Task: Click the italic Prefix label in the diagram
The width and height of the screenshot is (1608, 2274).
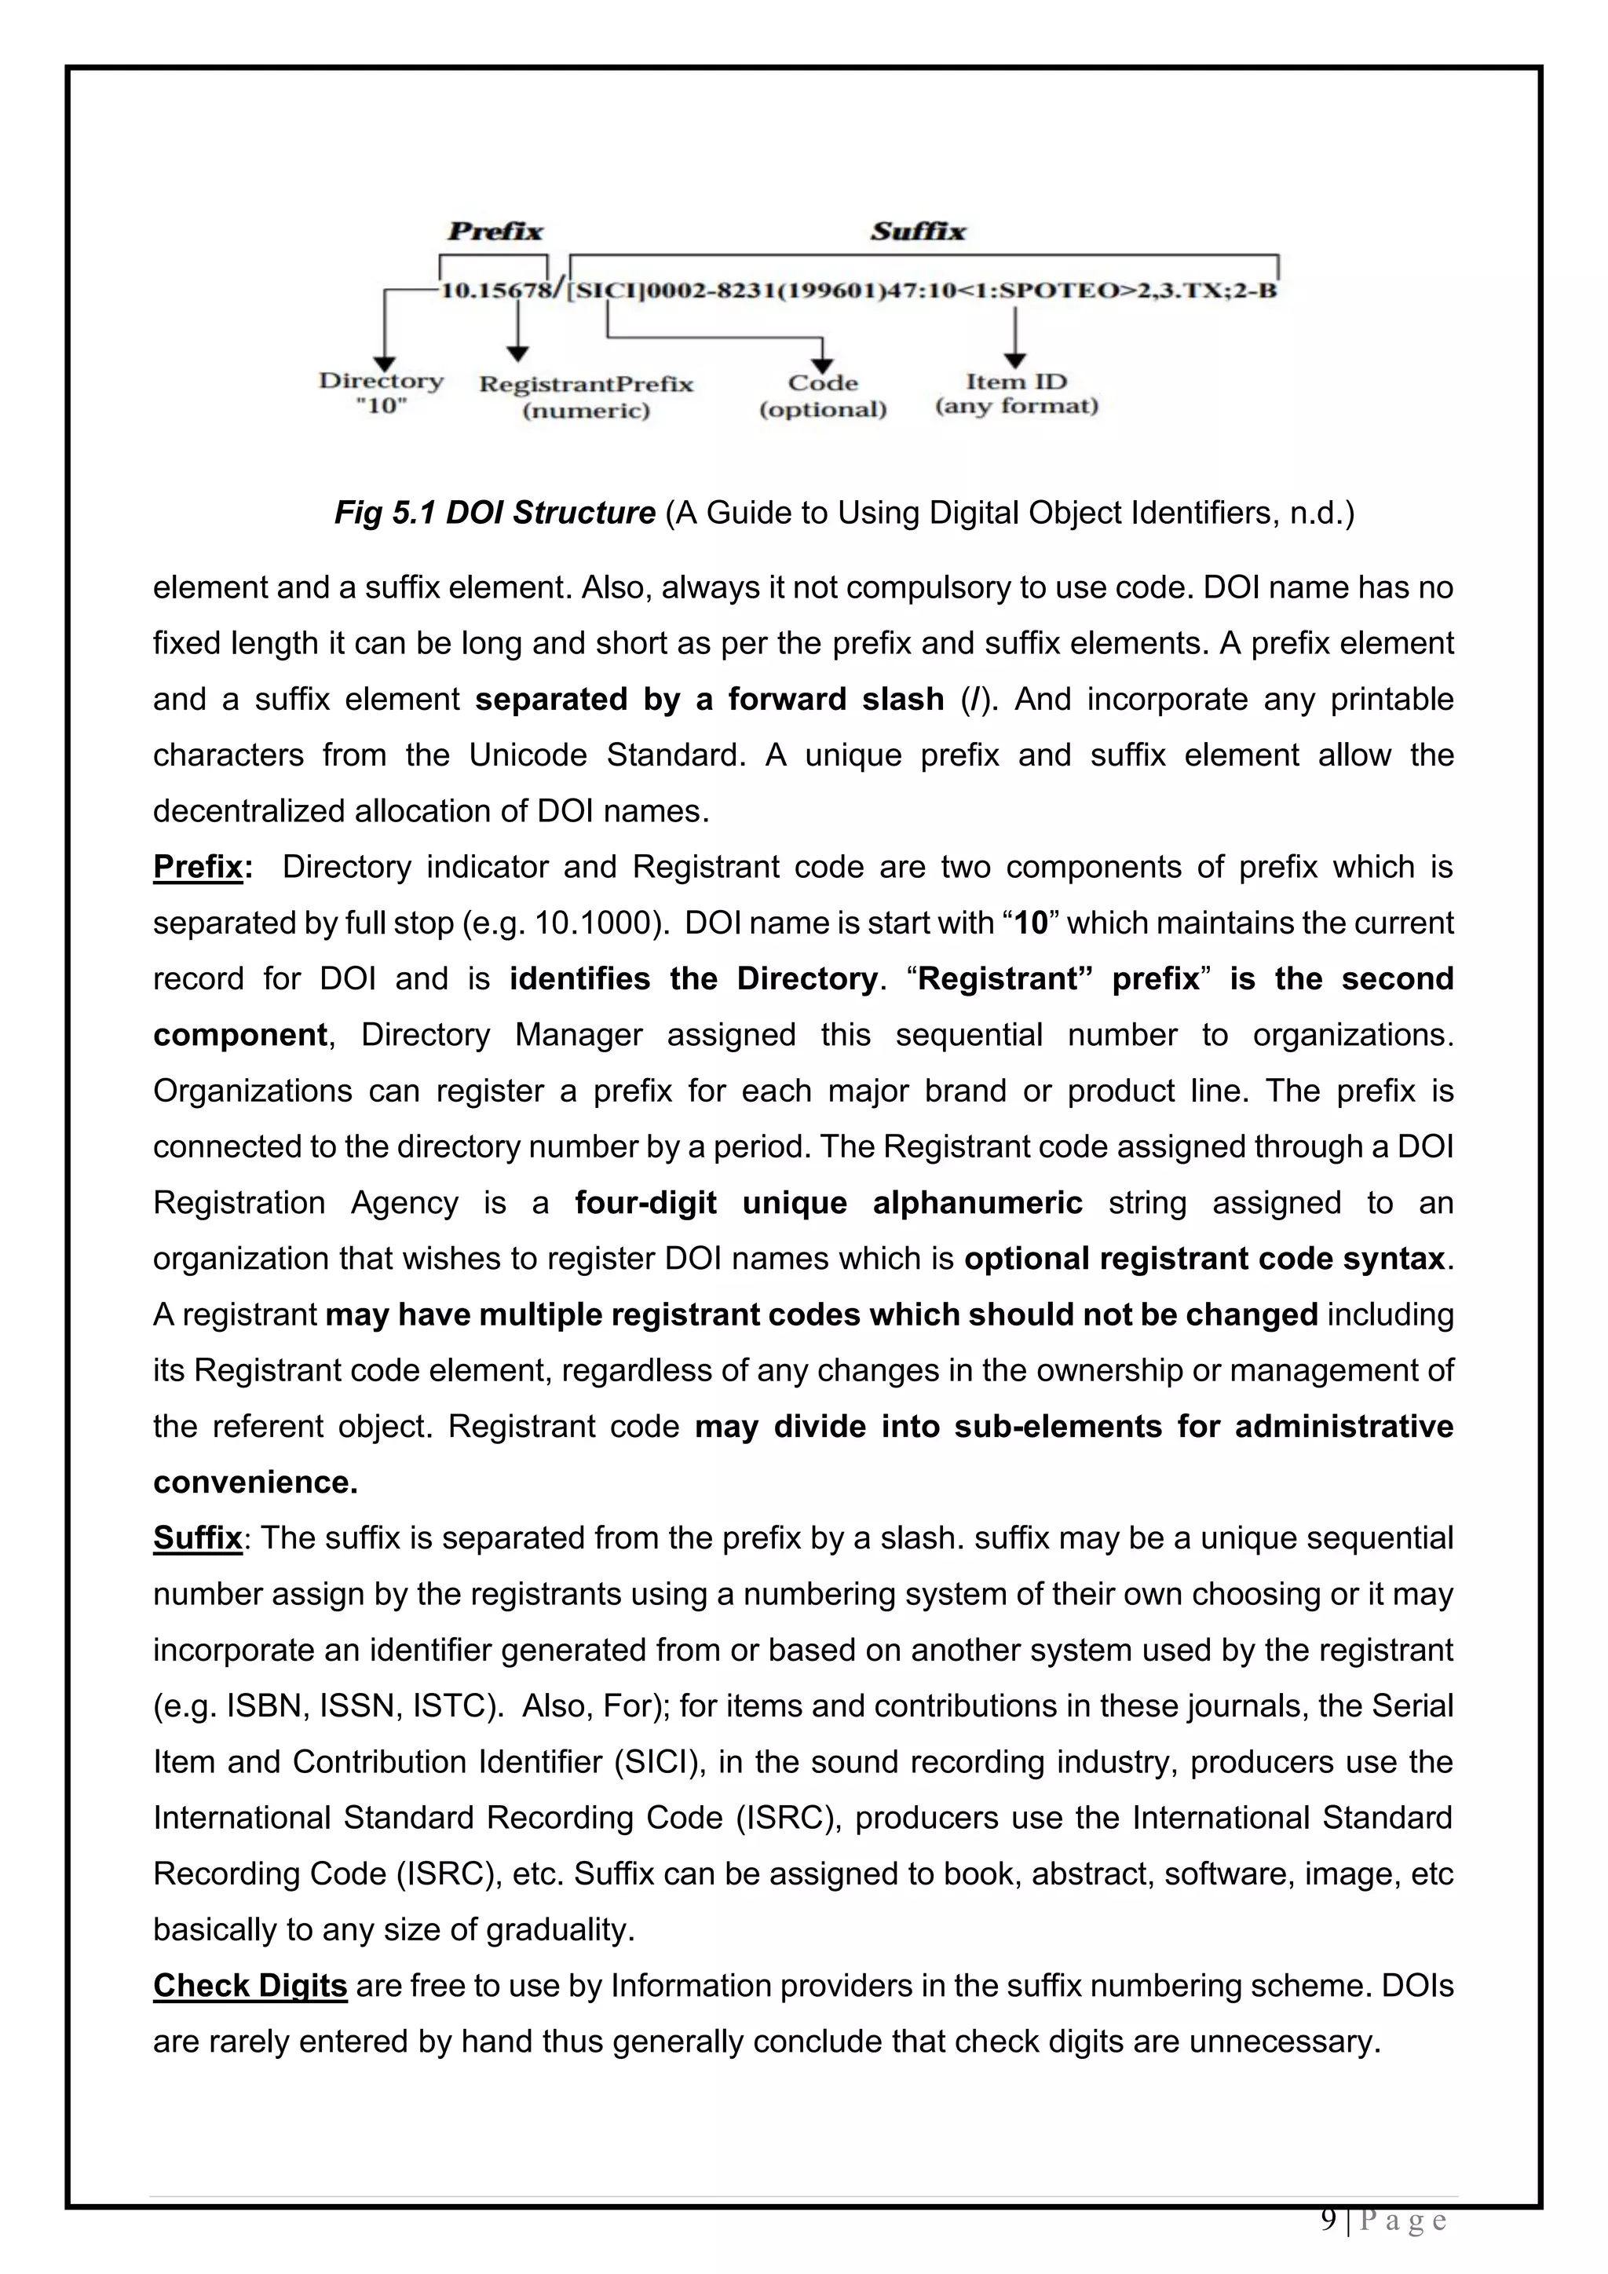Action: pos(495,232)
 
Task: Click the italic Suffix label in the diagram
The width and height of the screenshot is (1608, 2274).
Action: pos(918,232)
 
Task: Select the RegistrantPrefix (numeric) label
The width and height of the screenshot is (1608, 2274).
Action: pos(587,397)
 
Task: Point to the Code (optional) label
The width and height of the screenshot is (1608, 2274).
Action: pos(823,395)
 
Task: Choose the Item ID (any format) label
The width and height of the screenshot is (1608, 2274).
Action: pos(1017,393)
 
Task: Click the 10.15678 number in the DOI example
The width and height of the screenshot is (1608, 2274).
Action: pos(495,291)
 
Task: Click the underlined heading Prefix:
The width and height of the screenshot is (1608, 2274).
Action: pos(202,867)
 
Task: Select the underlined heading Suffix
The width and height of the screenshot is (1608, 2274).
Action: pos(197,1538)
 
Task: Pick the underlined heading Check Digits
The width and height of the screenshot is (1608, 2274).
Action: pos(250,1986)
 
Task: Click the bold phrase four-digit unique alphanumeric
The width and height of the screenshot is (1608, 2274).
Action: pos(829,1202)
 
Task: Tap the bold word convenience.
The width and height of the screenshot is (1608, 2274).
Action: pos(254,1482)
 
